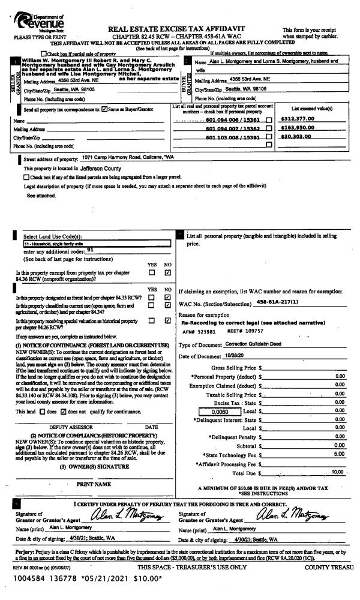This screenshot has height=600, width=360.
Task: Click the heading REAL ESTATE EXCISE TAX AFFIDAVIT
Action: click(179, 28)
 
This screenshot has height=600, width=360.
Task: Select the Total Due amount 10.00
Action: click(339, 455)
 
